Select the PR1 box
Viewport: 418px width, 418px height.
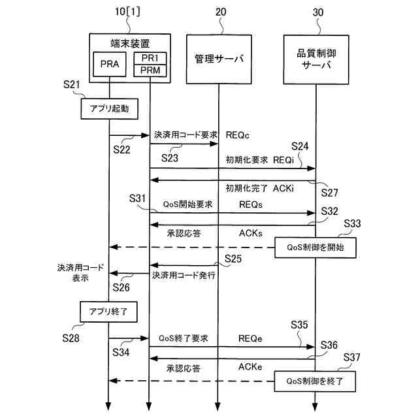(x=150, y=58)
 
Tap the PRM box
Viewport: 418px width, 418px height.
(x=150, y=71)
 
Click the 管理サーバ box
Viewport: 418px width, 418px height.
(x=219, y=59)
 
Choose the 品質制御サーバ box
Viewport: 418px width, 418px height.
(x=315, y=59)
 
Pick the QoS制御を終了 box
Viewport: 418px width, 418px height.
(x=315, y=379)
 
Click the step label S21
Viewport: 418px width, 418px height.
(x=72, y=85)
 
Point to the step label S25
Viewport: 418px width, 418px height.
(x=233, y=259)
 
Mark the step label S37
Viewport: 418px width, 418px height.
(x=352, y=357)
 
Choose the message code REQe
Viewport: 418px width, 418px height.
(x=251, y=338)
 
